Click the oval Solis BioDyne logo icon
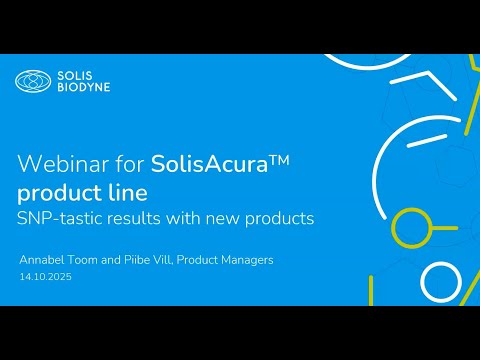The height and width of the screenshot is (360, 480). point(32,82)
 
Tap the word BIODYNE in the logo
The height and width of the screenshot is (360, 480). point(83,88)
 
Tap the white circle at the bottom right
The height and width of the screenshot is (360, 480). point(440,283)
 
